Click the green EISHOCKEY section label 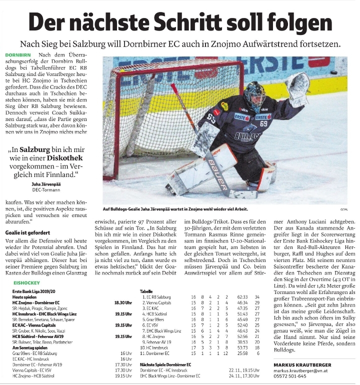[x=25, y=282]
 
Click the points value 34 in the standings [x=257, y=297]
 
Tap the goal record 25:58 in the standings [x=236, y=353]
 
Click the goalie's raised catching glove [x=298, y=88]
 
